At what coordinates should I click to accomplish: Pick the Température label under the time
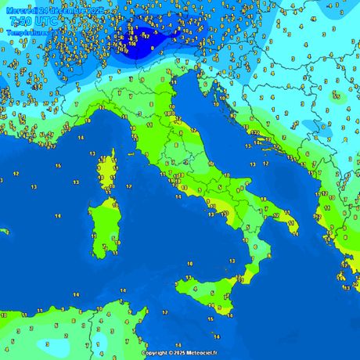coord(26,33)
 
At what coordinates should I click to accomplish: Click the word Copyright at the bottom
coord(157,353)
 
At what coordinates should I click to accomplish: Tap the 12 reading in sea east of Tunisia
coord(164,312)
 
